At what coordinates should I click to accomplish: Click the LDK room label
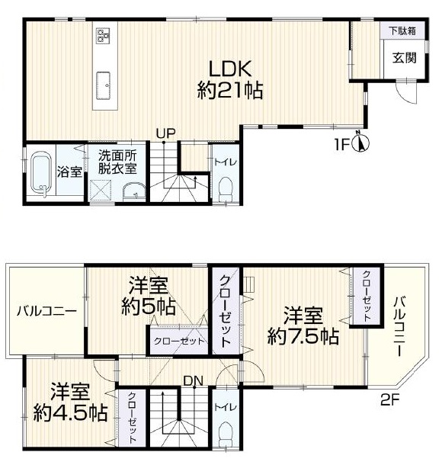pos(230,69)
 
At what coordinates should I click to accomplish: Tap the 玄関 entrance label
pos(405,58)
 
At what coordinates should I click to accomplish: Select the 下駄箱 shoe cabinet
pos(402,30)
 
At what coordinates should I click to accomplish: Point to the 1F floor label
pos(341,145)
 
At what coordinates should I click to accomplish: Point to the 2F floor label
pos(390,401)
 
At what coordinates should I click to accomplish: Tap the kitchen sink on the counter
pos(103,86)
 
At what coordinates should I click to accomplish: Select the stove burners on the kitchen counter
pos(103,35)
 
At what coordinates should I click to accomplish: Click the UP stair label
pos(166,133)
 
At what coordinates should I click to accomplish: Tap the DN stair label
pos(193,381)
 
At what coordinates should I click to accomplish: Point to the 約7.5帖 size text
pos(303,336)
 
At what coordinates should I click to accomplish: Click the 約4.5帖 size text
pos(70,412)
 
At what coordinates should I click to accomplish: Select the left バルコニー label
pos(46,311)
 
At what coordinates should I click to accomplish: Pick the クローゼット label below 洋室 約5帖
pos(179,341)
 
